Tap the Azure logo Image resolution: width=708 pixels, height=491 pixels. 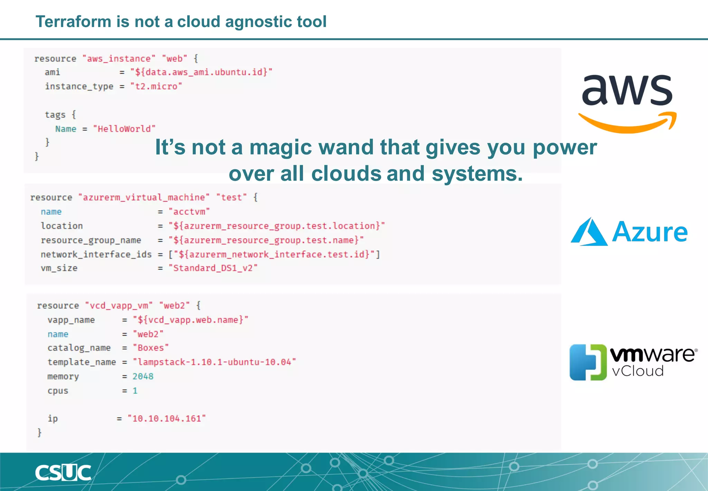pos(629,232)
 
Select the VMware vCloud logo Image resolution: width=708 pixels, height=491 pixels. pos(633,362)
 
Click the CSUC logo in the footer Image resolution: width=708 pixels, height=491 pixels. pos(63,473)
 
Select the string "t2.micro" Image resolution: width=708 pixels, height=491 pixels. pos(156,86)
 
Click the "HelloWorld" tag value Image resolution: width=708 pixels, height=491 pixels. pos(124,129)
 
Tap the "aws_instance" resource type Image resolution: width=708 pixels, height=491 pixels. pos(119,59)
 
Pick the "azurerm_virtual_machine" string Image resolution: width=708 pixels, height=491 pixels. pos(144,197)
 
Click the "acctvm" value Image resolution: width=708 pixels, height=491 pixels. pos(189,212)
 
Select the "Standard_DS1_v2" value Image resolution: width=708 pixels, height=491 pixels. pos(213,268)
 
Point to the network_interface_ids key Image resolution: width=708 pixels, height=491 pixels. pos(96,255)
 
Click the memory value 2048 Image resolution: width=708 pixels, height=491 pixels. pos(143,376)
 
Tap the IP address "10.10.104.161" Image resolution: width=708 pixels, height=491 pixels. pos(167,419)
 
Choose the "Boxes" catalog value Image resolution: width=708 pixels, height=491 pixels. pos(151,348)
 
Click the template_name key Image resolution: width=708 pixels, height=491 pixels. pos(82,362)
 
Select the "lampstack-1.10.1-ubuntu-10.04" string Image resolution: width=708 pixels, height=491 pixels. pos(214,362)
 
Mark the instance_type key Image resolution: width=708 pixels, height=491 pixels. pos(79,86)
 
